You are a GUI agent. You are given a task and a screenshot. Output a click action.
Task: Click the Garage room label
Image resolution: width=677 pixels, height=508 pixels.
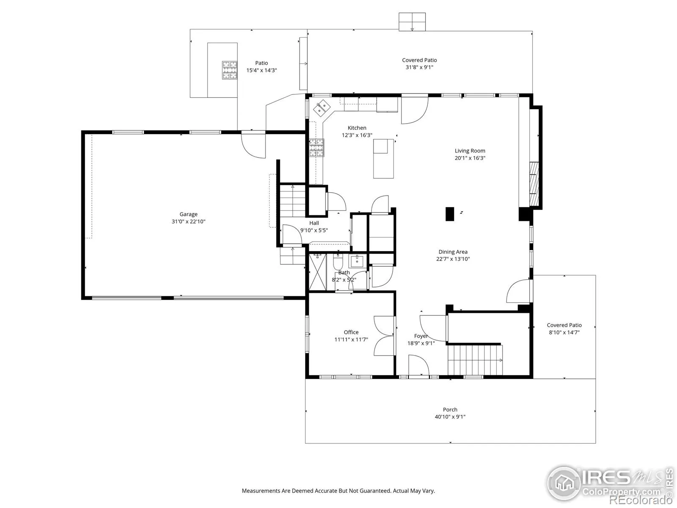coord(188,214)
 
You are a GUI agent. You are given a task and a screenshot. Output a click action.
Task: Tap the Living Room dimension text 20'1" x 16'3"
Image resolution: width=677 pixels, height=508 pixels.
coord(470,158)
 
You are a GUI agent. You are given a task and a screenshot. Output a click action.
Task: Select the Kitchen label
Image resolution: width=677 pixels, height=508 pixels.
coord(357,128)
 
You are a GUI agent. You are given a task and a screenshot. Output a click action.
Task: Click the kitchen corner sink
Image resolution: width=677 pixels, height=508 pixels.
coord(322,108)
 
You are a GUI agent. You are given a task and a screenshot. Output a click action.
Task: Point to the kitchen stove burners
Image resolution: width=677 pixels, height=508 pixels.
coord(317,148)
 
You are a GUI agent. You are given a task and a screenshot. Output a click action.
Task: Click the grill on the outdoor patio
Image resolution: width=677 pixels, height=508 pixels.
coord(229,70)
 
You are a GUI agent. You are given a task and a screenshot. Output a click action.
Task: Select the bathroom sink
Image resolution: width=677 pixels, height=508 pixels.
coord(358,261)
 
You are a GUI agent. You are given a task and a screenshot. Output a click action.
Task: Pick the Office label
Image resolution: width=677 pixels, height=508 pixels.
coord(351,332)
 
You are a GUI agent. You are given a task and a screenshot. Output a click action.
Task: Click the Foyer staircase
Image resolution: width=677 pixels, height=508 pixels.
coord(475,360)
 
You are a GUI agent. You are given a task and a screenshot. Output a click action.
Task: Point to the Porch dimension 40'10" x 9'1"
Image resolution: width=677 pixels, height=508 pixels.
coord(450,417)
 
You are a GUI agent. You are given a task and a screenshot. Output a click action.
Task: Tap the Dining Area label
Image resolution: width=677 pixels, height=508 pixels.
coord(453,252)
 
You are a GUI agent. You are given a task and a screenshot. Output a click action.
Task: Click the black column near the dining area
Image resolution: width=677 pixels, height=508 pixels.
coord(450,214)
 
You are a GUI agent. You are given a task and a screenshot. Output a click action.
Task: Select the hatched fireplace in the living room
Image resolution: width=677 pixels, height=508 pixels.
coord(534,184)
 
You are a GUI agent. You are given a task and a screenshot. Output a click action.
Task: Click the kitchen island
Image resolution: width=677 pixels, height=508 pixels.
coord(384,158)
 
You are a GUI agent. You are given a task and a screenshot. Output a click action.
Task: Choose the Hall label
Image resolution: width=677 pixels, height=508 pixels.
coord(314,223)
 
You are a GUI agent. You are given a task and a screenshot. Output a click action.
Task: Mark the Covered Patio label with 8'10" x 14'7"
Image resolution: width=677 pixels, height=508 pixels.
coord(564,329)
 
